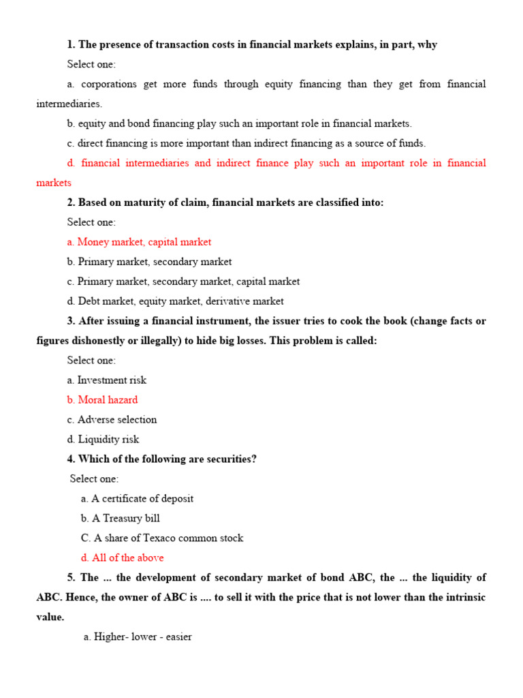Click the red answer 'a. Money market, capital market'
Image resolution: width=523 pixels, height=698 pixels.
[139, 242]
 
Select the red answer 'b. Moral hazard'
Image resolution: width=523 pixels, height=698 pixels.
[102, 400]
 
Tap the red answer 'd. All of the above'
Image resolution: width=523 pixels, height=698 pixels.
[122, 558]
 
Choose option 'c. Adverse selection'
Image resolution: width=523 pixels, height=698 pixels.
[112, 420]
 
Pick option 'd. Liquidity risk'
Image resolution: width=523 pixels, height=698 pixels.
[103, 440]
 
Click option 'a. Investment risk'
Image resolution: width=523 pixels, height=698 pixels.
[106, 380]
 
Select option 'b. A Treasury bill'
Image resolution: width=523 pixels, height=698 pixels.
[120, 518]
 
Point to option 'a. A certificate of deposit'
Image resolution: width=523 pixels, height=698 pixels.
[137, 498]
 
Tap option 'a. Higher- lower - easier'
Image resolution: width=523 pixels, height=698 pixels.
[138, 637]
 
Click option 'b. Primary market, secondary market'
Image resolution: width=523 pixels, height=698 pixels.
[149, 262]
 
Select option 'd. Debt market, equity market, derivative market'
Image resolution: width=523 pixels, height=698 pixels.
[175, 301]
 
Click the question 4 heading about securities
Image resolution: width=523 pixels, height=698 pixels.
[161, 459]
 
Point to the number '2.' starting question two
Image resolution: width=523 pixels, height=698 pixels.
[71, 202]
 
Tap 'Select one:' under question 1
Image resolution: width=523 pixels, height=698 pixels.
[91, 64]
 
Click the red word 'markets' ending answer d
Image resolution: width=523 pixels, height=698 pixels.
[53, 183]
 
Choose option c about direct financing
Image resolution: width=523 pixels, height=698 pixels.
[246, 143]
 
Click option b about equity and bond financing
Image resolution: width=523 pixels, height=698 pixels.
[239, 123]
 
